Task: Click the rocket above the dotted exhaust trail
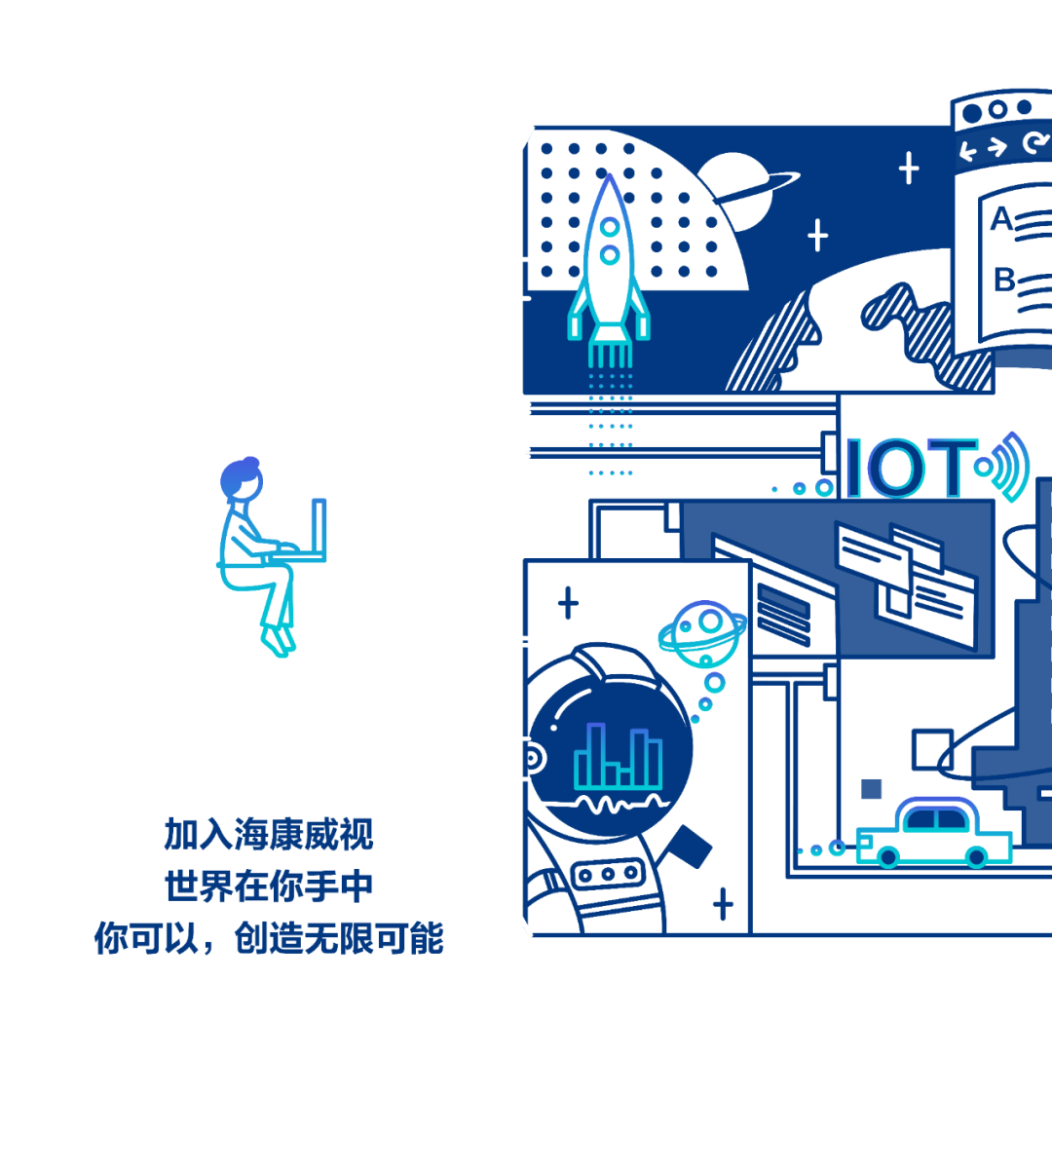point(609,263)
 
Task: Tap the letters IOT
point(911,468)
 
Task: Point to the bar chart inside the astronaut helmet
point(618,757)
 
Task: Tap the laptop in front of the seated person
point(319,531)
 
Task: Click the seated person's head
point(242,478)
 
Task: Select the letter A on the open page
point(1000,220)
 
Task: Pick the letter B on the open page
point(1003,281)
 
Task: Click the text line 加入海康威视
point(269,835)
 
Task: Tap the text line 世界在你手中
point(269,887)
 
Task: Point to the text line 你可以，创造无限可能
point(269,939)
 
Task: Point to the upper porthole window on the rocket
point(610,227)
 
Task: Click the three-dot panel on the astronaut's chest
point(608,874)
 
